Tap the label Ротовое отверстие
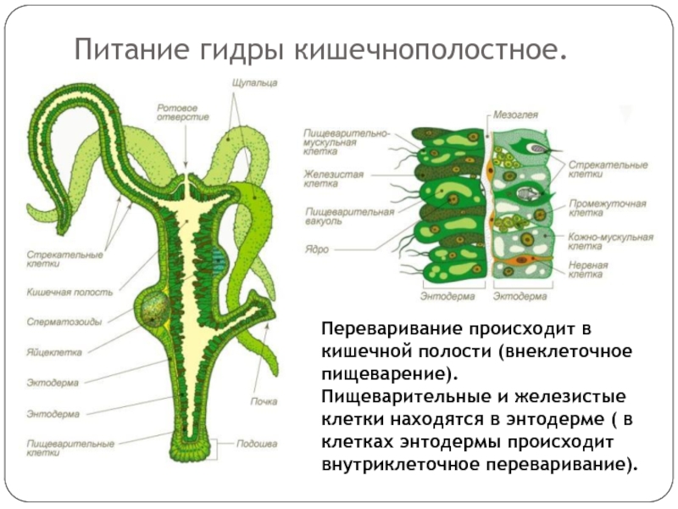pos(177,113)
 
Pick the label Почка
pos(264,400)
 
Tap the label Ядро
pos(318,249)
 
